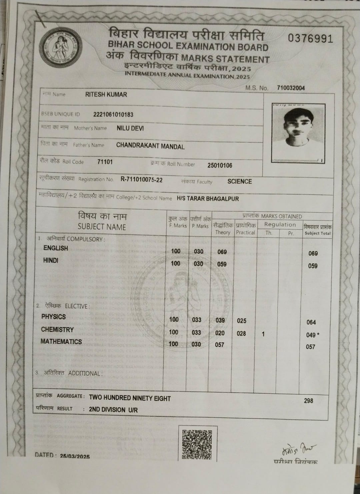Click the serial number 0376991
(x=310, y=39)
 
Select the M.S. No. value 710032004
(x=291, y=88)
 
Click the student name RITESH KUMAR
(x=106, y=95)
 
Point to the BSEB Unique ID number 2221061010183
(x=113, y=115)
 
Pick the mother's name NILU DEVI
(x=130, y=128)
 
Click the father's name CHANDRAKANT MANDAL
(x=150, y=146)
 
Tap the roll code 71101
(x=105, y=162)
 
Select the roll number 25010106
(x=220, y=165)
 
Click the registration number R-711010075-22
(x=142, y=180)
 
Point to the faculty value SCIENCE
(x=239, y=182)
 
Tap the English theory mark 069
(x=222, y=252)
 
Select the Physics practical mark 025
(x=242, y=321)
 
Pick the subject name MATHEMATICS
(x=61, y=342)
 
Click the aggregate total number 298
(x=308, y=401)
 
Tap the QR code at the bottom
(x=197, y=444)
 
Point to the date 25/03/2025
(x=75, y=456)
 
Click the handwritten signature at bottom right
(x=297, y=450)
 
